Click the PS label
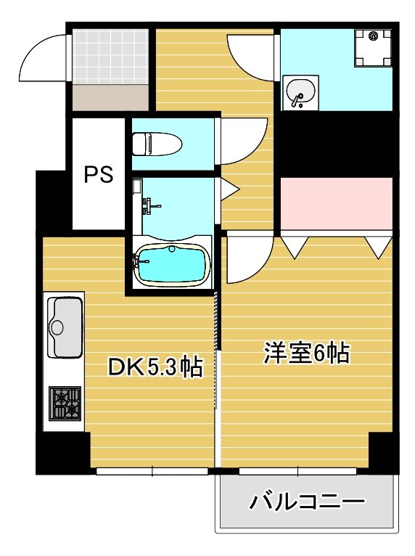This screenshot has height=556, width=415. (x=99, y=175)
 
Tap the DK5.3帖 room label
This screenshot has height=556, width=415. (x=155, y=367)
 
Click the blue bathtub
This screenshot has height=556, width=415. (x=172, y=266)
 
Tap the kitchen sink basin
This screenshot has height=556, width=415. (x=66, y=327)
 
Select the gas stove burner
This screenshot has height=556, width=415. (x=65, y=404)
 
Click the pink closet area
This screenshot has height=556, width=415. (x=337, y=203)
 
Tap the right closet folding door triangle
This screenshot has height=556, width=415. (x=379, y=247)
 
